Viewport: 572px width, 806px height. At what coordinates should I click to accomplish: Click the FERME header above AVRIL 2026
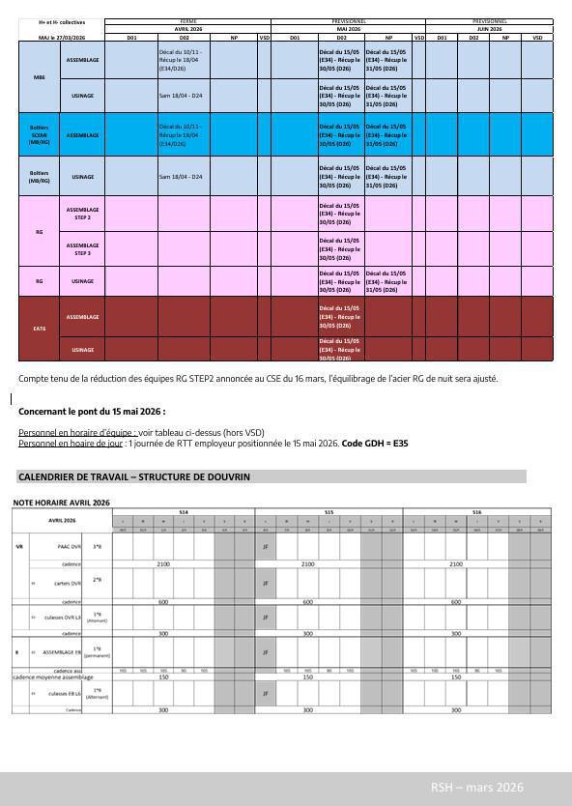tap(187, 21)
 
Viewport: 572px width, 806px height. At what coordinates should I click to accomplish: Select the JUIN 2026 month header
tap(489, 29)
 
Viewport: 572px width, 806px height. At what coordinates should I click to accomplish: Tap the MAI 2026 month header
tap(348, 29)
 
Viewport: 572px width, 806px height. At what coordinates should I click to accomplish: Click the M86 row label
tap(40, 77)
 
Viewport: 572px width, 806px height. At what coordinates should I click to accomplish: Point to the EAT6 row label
tap(40, 329)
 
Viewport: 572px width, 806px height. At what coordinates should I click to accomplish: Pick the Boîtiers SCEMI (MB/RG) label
tap(40, 135)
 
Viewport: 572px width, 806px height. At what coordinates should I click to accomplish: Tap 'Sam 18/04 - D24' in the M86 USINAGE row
tap(181, 96)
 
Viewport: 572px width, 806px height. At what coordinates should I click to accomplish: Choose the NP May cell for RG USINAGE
tap(387, 281)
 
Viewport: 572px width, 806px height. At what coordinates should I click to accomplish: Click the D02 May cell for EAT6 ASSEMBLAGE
tap(340, 317)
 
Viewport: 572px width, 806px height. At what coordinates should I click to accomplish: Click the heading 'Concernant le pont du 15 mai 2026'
tap(92, 411)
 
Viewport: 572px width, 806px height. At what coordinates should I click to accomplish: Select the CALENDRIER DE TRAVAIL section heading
tap(134, 477)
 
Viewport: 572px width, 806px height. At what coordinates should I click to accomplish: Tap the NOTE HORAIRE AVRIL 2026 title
tap(62, 503)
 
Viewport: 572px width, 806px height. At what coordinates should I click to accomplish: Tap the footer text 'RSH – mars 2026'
tap(476, 788)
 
